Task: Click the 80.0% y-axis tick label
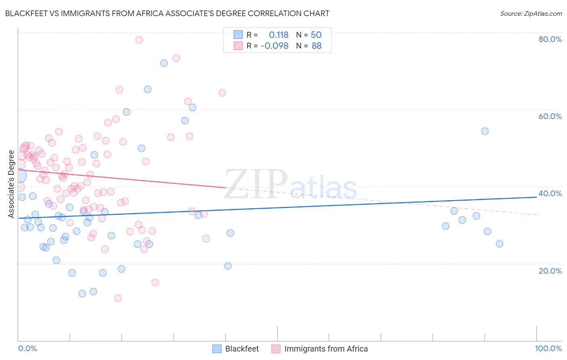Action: pyautogui.click(x=550, y=39)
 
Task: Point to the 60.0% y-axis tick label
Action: pyautogui.click(x=550, y=116)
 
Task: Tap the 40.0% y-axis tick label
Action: pyautogui.click(x=550, y=193)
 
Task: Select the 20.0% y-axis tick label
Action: pyautogui.click(x=550, y=271)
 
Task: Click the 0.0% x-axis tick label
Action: pyautogui.click(x=27, y=348)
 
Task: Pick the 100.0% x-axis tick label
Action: pyautogui.click(x=548, y=348)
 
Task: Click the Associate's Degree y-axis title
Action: pyautogui.click(x=11, y=184)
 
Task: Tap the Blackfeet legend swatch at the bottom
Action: pyautogui.click(x=217, y=349)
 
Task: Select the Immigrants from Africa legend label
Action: pyautogui.click(x=326, y=349)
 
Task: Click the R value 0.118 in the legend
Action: pyautogui.click(x=279, y=35)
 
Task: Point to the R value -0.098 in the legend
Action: pyautogui.click(x=275, y=46)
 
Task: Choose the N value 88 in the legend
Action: pyautogui.click(x=317, y=46)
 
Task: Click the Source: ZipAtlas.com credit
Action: pyautogui.click(x=531, y=14)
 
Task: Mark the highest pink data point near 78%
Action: pyautogui.click(x=139, y=40)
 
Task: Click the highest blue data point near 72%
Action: pyautogui.click(x=164, y=63)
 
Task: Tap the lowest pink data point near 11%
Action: pyautogui.click(x=118, y=298)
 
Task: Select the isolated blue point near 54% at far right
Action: pyautogui.click(x=485, y=131)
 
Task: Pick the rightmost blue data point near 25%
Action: pyautogui.click(x=499, y=244)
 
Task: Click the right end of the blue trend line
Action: pyautogui.click(x=536, y=197)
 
